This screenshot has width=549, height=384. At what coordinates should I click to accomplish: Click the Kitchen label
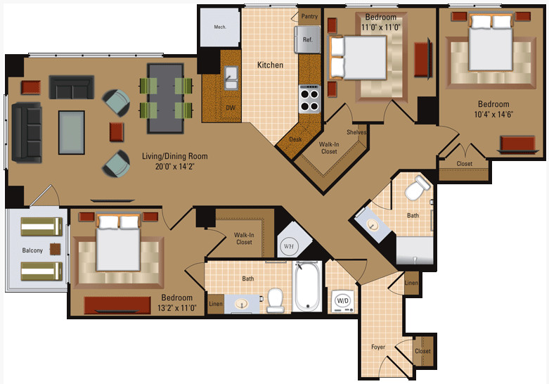tap(270, 65)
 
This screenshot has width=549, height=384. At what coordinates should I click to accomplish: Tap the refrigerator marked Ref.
tap(307, 39)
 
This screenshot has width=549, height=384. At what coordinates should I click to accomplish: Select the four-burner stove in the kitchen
tap(309, 99)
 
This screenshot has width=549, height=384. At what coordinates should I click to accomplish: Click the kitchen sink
tap(231, 78)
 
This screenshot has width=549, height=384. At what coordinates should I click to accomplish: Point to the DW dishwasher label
tap(231, 108)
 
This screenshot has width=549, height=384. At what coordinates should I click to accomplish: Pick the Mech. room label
tap(220, 27)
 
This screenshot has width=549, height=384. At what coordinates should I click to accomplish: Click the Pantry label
tap(309, 16)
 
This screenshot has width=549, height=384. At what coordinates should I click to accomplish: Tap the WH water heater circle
tap(289, 246)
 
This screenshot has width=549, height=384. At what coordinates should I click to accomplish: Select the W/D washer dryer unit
tap(342, 301)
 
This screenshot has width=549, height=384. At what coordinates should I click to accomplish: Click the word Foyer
tap(378, 347)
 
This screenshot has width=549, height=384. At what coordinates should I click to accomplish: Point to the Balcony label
tap(32, 250)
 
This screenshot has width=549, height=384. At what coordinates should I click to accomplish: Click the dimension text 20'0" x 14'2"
tap(175, 167)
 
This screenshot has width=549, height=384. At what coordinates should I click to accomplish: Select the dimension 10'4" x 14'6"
tap(493, 114)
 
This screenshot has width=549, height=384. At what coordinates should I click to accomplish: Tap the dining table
tap(166, 98)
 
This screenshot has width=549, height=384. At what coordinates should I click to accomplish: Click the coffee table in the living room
tap(72, 132)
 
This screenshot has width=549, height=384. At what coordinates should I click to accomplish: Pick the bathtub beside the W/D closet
tap(307, 286)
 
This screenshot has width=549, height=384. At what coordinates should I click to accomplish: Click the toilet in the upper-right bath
tap(417, 188)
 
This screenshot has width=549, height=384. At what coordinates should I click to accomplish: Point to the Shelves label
tap(356, 132)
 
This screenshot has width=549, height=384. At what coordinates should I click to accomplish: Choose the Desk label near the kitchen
tap(295, 139)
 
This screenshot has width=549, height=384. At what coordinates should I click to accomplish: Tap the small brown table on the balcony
tap(55, 249)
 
